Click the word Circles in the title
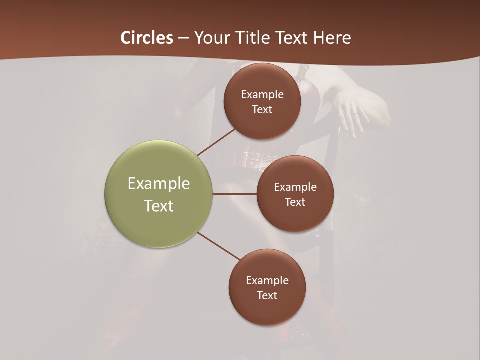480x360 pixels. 147,38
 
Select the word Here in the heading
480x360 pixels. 332,38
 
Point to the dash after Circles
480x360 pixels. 183,38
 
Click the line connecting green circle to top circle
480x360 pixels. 216,142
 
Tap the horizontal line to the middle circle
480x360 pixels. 234,193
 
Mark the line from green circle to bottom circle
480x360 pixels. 218,246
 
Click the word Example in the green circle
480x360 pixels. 159,184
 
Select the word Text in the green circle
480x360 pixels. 159,206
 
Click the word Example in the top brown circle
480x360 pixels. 262,94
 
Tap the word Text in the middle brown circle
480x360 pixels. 295,202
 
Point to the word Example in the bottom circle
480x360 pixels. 267,280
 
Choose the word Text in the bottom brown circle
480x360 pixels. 267,295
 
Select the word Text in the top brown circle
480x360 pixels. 262,109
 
